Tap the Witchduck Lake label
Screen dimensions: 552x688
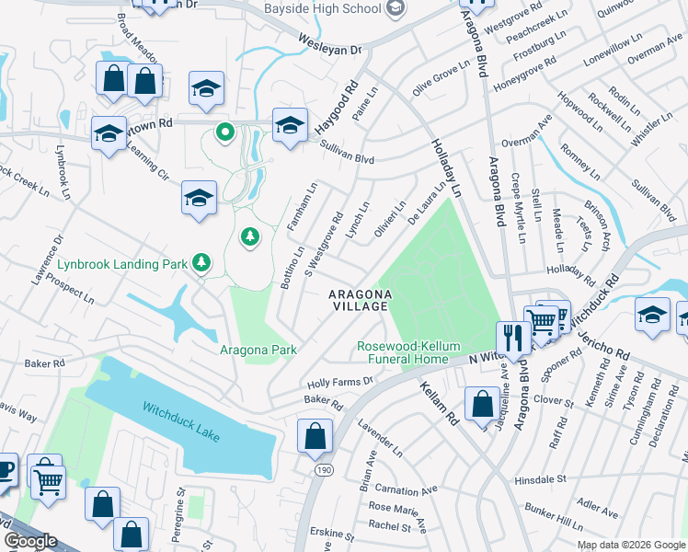181,420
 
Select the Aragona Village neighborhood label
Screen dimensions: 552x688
361,299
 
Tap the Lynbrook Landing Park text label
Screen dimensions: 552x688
122,264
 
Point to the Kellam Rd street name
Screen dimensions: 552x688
439,403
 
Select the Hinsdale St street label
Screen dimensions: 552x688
540,480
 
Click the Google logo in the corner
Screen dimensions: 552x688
30,540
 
